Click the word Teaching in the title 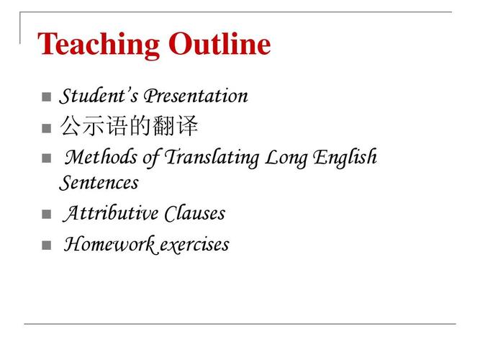point(99,45)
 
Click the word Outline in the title point(219,43)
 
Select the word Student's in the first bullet point(99,96)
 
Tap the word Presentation point(196,96)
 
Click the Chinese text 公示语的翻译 point(129,125)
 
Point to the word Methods point(101,157)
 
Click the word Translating point(212,158)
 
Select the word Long point(286,158)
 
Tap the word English point(345,158)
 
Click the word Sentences point(99,183)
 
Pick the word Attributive point(111,213)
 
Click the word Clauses point(195,213)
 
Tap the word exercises point(194,245)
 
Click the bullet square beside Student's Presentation point(46,96)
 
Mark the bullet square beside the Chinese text point(46,128)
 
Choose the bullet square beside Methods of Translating point(46,158)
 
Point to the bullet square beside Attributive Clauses point(46,214)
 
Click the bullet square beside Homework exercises point(46,245)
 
